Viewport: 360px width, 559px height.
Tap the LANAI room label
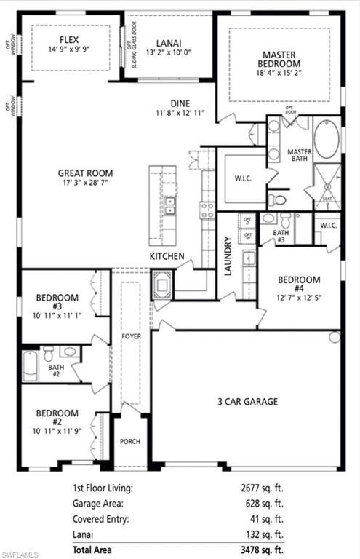click(169, 43)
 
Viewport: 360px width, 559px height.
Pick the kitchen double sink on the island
click(169, 206)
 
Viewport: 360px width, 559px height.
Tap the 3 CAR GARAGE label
click(248, 401)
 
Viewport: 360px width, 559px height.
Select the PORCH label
click(130, 442)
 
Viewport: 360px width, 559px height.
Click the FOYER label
click(131, 337)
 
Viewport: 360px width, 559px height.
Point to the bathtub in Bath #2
click(30, 365)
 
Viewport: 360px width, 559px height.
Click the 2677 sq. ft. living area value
click(264, 488)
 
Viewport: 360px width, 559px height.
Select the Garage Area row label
click(97, 503)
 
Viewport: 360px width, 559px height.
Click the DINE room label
click(180, 103)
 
